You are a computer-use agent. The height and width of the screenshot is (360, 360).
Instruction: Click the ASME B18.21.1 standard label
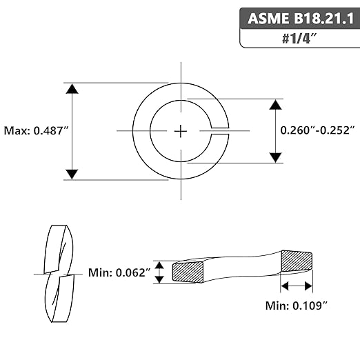click(x=301, y=19)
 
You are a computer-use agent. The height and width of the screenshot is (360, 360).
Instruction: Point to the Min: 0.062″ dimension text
click(x=119, y=273)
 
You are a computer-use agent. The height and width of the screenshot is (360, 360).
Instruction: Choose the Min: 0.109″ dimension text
click(x=297, y=306)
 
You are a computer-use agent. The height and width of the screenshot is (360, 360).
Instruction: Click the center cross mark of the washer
click(x=181, y=131)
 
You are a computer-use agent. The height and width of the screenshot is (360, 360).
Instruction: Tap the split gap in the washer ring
click(x=220, y=131)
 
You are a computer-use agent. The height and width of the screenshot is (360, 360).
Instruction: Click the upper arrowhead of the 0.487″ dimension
click(x=72, y=89)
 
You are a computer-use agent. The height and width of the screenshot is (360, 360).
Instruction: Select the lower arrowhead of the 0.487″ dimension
click(x=72, y=174)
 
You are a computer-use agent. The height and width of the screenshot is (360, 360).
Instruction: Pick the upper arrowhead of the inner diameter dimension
click(x=276, y=105)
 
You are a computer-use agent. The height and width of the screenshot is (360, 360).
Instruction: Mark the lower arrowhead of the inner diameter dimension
click(x=276, y=157)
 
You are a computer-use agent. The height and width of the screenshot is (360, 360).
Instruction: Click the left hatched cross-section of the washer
click(x=188, y=272)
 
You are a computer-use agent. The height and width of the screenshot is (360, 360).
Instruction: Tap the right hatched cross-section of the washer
click(x=297, y=261)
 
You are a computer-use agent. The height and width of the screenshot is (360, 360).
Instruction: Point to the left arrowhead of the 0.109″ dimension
click(x=285, y=286)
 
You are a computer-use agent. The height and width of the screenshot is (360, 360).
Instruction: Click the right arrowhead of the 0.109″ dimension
click(x=308, y=286)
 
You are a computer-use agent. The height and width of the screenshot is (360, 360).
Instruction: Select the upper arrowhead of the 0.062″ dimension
click(x=159, y=266)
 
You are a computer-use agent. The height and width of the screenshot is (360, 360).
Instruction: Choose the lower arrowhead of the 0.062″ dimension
click(x=159, y=279)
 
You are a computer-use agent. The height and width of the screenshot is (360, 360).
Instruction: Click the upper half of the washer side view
click(x=57, y=249)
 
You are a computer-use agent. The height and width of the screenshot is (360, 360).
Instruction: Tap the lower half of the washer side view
click(x=60, y=299)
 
